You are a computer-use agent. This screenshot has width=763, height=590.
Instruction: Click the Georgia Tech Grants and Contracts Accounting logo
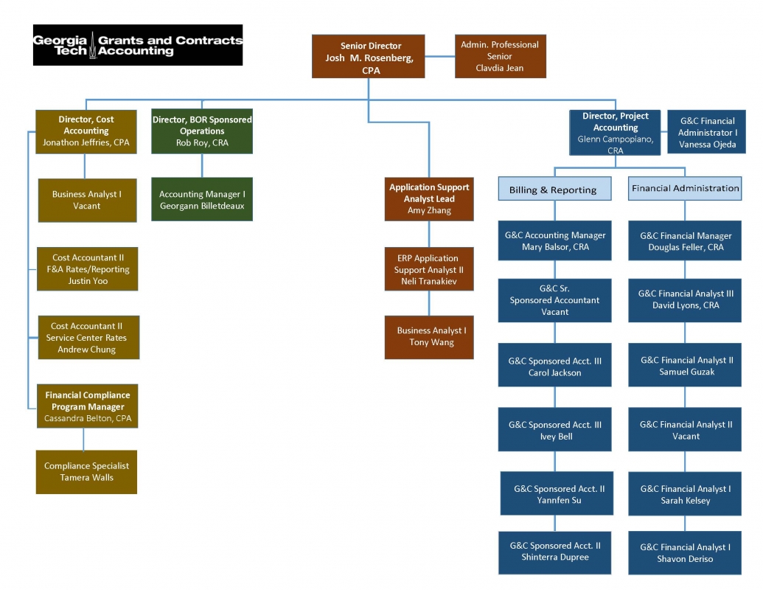pyautogui.click(x=138, y=45)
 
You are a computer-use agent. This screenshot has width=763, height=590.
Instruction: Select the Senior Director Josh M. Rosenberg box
pyautogui.click(x=368, y=57)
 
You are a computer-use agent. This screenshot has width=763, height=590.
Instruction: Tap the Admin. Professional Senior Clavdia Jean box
pyautogui.click(x=499, y=56)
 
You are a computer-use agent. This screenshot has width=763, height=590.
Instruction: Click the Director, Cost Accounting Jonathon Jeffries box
pyautogui.click(x=86, y=131)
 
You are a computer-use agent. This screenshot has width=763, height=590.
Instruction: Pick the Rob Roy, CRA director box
pyautogui.click(x=202, y=131)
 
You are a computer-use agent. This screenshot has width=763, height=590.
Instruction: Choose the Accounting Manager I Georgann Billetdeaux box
pyautogui.click(x=202, y=200)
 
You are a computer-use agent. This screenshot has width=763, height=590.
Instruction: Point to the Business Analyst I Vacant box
pyautogui.click(x=87, y=200)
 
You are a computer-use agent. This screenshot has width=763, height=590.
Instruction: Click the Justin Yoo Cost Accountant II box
pyautogui.click(x=89, y=269)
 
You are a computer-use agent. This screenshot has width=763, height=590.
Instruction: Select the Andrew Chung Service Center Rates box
pyautogui.click(x=88, y=338)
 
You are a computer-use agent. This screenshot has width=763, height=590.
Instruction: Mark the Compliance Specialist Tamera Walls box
pyautogui.click(x=86, y=472)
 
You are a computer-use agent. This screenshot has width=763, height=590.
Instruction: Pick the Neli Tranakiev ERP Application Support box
pyautogui.click(x=429, y=269)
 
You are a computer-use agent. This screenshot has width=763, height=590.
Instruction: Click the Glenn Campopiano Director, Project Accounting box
pyautogui.click(x=616, y=133)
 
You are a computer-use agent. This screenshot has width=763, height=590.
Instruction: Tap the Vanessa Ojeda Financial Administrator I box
pyautogui.click(x=707, y=132)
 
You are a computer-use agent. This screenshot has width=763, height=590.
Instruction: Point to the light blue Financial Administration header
pyautogui.click(x=685, y=188)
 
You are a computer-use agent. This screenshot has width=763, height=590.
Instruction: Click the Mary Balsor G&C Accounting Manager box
pyautogui.click(x=555, y=241)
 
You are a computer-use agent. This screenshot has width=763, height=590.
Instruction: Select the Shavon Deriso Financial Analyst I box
pyautogui.click(x=685, y=553)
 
